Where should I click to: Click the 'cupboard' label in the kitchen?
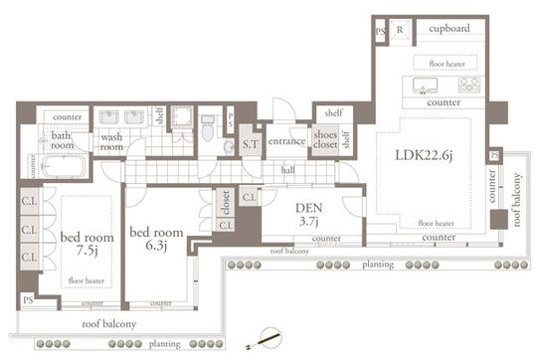(x=449, y=29)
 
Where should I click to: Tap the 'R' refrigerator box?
(x=401, y=30)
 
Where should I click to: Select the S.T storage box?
(x=250, y=145)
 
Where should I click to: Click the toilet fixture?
(x=207, y=128)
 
